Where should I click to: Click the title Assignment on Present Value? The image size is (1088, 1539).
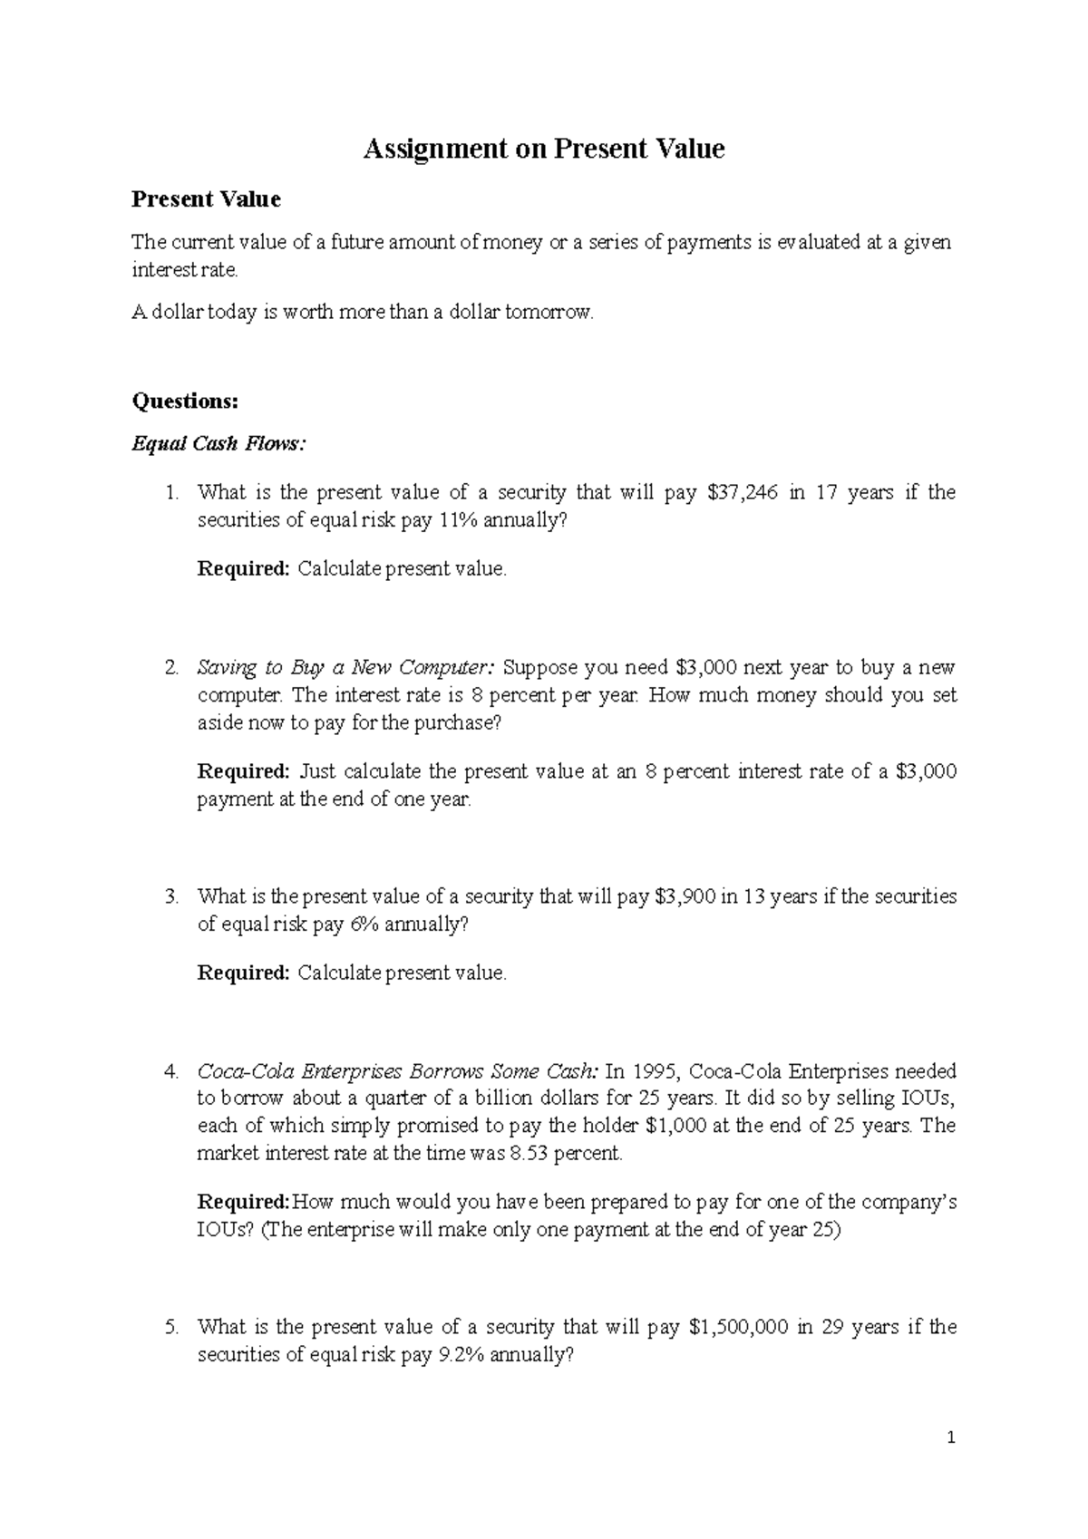tap(544, 149)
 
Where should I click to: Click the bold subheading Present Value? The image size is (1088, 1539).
tap(206, 199)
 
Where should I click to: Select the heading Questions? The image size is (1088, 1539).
tap(185, 401)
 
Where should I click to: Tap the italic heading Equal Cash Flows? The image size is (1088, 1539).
tap(219, 444)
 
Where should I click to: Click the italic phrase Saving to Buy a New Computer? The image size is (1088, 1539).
tap(346, 668)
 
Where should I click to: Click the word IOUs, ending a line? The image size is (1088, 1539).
tap(925, 1099)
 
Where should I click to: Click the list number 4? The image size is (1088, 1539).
tap(171, 1071)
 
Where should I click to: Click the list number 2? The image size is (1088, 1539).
tap(171, 668)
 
